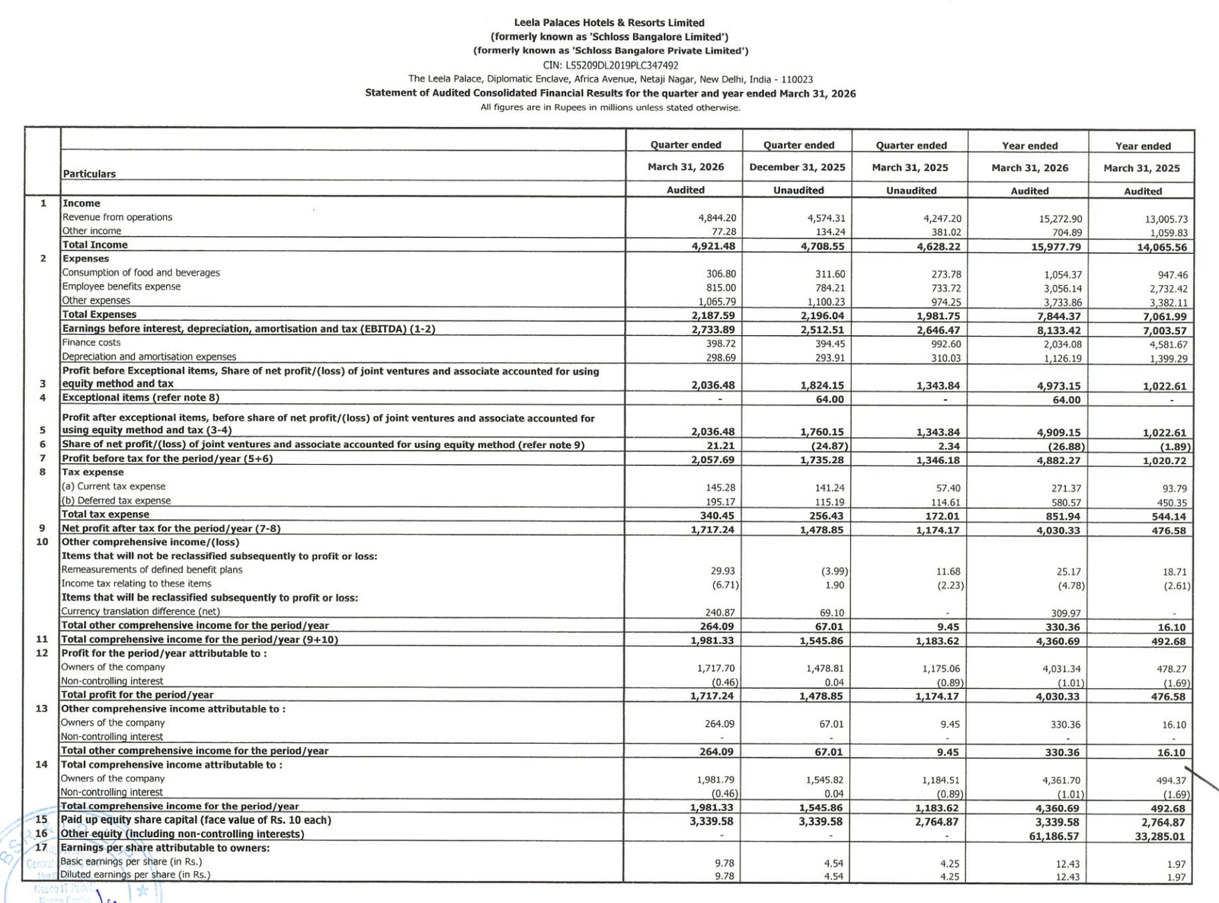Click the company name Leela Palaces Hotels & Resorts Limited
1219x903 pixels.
(x=609, y=23)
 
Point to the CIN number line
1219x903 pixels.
(x=610, y=65)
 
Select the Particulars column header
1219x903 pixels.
(x=89, y=174)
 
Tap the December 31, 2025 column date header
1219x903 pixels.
(x=797, y=168)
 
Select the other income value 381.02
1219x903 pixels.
(x=944, y=232)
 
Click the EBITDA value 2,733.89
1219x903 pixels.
(x=714, y=329)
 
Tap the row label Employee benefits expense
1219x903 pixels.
(x=121, y=287)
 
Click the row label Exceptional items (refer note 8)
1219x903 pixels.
(x=140, y=398)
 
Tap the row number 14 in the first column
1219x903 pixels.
(x=42, y=764)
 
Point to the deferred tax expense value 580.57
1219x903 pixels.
(x=1065, y=502)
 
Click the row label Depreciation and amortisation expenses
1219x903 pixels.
(x=149, y=357)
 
